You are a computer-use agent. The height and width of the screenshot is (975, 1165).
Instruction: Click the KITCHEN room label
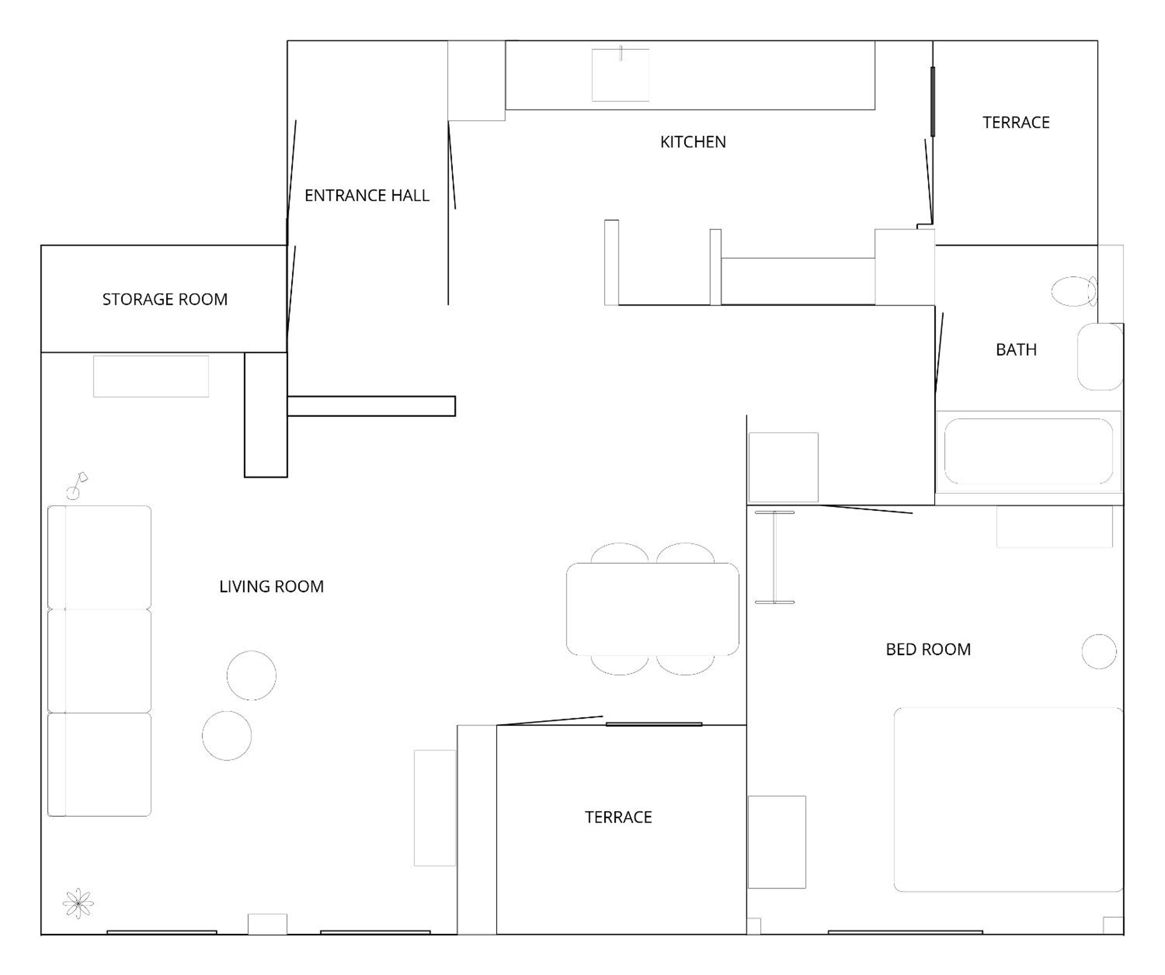click(693, 142)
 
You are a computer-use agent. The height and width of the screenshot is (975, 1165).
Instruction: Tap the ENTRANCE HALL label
click(367, 195)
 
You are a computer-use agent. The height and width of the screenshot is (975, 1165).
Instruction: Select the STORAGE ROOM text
click(165, 299)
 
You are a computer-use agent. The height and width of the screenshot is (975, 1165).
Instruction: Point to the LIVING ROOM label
click(271, 586)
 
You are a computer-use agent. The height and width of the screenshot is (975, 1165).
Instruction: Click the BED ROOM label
click(928, 650)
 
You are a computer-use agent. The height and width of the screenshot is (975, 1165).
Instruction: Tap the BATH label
click(1016, 349)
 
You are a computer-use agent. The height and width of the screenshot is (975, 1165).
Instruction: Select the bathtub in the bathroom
click(1029, 452)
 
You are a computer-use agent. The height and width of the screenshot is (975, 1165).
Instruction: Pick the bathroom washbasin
click(1100, 357)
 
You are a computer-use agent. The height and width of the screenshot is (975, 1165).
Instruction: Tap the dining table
click(652, 609)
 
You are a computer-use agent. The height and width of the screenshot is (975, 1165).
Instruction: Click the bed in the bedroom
click(1009, 800)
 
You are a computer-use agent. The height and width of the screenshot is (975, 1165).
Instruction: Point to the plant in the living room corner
click(78, 904)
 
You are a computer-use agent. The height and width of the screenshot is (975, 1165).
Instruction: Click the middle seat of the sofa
click(99, 661)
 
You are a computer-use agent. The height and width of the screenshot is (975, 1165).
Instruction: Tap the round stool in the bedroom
click(1099, 651)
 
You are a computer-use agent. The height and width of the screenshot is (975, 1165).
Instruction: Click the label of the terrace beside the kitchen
click(1016, 123)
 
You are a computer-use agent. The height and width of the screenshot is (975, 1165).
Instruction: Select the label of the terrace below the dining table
click(618, 817)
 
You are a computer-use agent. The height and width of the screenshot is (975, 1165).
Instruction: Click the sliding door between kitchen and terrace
click(932, 101)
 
